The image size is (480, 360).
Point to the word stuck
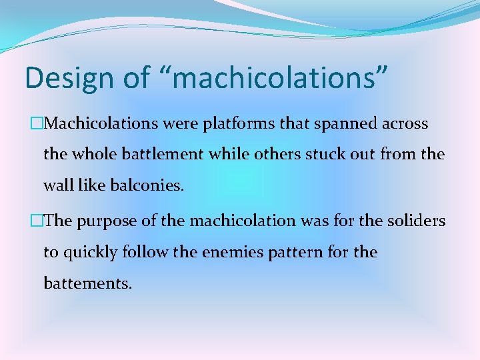coord(324,155)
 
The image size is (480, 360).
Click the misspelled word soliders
coord(418,221)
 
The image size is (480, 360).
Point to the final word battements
coord(87,283)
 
